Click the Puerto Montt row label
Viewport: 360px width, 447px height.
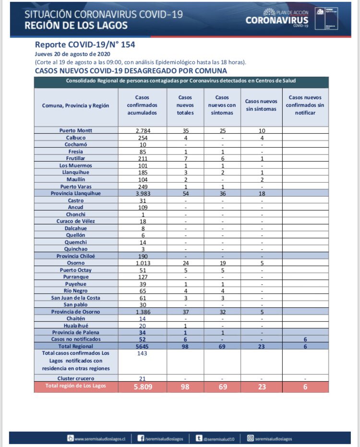click(x=76, y=130)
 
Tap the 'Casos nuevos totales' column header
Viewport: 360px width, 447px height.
click(x=185, y=105)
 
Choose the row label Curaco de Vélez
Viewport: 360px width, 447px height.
click(x=76, y=221)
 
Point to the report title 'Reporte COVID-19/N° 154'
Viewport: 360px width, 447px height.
click(x=84, y=45)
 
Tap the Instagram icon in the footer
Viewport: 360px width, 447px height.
click(x=250, y=438)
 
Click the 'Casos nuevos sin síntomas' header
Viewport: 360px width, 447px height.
click(x=261, y=105)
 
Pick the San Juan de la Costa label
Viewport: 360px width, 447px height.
click(x=76, y=297)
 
